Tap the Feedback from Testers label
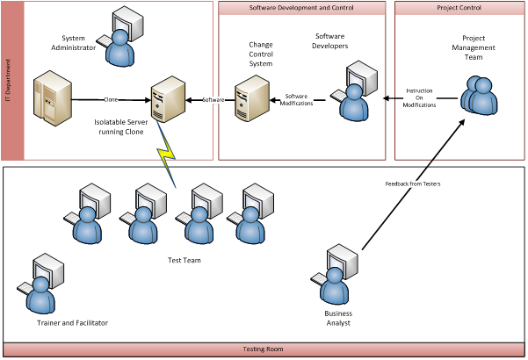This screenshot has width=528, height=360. click(x=413, y=184)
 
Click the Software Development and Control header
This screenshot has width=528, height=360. click(x=301, y=8)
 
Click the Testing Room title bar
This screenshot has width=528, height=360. click(x=263, y=349)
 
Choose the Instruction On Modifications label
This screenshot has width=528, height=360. click(x=419, y=97)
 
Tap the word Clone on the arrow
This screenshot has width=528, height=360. click(x=111, y=99)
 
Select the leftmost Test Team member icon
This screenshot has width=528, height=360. click(x=88, y=216)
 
